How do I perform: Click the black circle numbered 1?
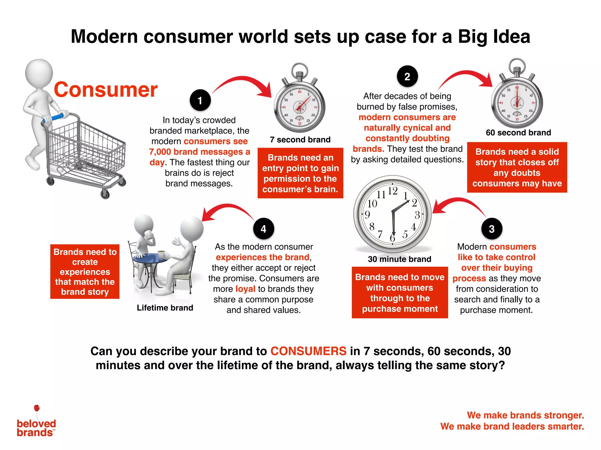pyautogui.click(x=200, y=100)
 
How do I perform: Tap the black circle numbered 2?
pyautogui.click(x=407, y=76)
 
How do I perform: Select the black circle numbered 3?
pyautogui.click(x=492, y=229)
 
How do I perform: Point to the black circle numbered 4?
pyautogui.click(x=264, y=229)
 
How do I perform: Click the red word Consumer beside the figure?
pyautogui.click(x=106, y=89)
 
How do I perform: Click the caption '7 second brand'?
pyautogui.click(x=300, y=140)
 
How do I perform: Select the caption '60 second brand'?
pyautogui.click(x=518, y=133)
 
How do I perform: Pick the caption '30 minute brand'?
pyautogui.click(x=399, y=259)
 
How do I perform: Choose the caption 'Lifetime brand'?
pyautogui.click(x=165, y=308)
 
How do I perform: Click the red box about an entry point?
pyautogui.click(x=300, y=173)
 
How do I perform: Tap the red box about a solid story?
pyautogui.click(x=517, y=167)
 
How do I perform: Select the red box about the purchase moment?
pyautogui.click(x=400, y=292)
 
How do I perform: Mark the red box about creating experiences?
pyautogui.click(x=85, y=272)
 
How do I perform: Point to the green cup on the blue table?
pyautogui.click(x=161, y=254)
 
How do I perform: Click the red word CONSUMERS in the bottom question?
pyautogui.click(x=308, y=351)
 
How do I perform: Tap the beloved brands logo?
pyautogui.click(x=36, y=423)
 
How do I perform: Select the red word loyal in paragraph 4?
pyautogui.click(x=245, y=289)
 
